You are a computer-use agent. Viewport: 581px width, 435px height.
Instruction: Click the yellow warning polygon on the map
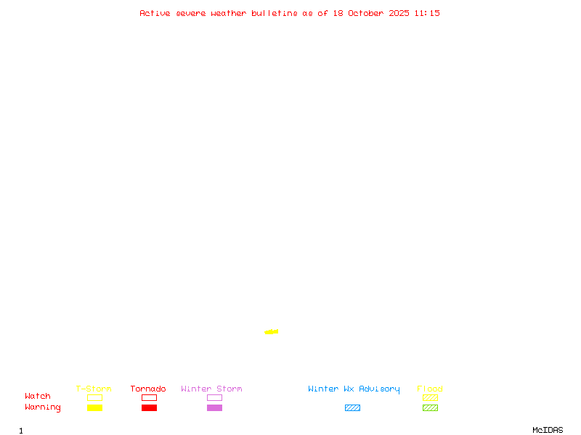coord(272,331)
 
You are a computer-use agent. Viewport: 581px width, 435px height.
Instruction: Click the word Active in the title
coord(155,13)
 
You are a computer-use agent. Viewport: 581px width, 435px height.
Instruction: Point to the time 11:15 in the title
coord(427,13)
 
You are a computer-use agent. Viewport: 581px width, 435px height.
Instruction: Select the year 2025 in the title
coord(399,13)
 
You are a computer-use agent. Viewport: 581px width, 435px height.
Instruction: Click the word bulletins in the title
coord(275,13)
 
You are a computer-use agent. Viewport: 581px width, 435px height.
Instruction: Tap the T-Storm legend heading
coord(94,389)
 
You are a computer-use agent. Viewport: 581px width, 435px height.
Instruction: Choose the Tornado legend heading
coord(148,389)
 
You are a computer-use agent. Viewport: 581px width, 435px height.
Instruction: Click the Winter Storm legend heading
coord(211,389)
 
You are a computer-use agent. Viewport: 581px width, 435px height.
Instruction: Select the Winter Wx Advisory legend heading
coord(354,389)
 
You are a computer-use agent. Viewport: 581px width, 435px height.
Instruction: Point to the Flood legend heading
coord(430,389)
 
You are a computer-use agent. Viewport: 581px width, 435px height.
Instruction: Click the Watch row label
coord(38,397)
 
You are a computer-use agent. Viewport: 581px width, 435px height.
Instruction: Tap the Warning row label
coord(43,407)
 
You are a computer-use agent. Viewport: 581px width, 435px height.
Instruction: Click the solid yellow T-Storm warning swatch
coord(94,408)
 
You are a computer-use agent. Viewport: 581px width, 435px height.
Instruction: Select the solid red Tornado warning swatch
coord(149,408)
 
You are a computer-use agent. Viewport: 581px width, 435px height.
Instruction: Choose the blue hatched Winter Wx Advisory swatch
coord(352,408)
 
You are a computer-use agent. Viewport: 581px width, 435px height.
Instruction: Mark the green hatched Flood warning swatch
coord(430,408)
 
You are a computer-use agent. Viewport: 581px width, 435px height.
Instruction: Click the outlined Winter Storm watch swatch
coord(214,398)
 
